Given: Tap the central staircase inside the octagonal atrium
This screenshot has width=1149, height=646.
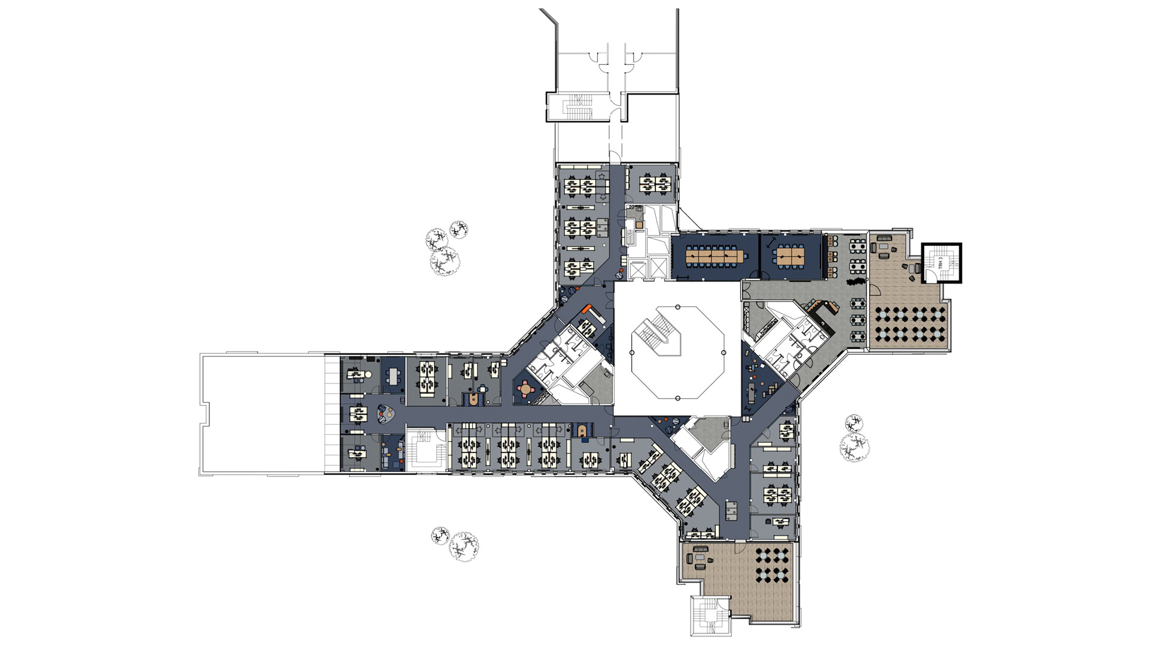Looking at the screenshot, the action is pyautogui.click(x=657, y=337).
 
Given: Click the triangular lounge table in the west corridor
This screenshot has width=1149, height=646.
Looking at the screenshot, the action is pyautogui.click(x=383, y=412).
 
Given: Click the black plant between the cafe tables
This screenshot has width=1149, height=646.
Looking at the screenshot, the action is pyautogui.click(x=857, y=282).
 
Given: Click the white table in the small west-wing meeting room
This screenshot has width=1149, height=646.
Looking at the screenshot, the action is pyautogui.click(x=393, y=376).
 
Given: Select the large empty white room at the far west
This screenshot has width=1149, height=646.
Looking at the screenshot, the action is pyautogui.click(x=262, y=415).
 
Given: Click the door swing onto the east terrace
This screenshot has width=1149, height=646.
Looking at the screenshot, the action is pyautogui.click(x=875, y=290).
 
